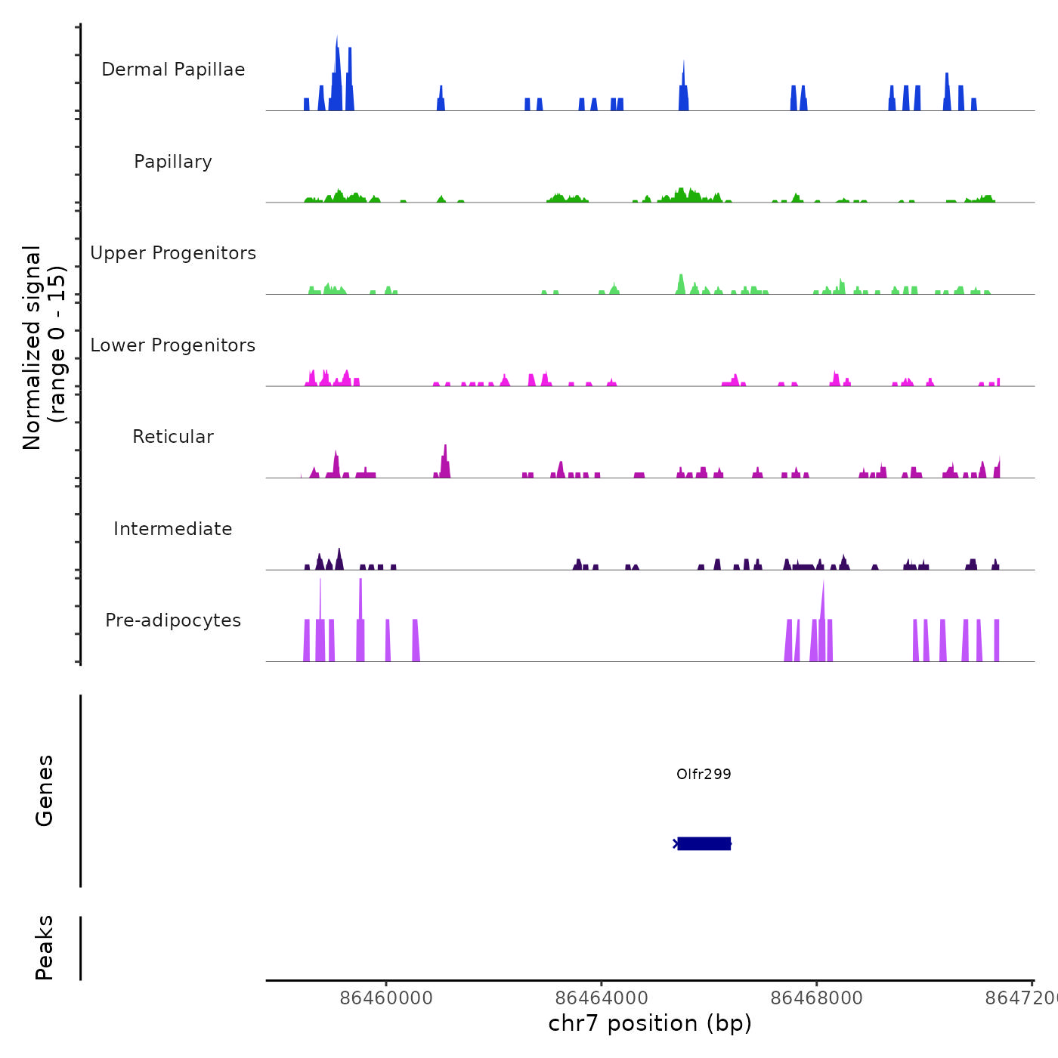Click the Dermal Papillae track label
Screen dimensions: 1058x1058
pyautogui.click(x=173, y=70)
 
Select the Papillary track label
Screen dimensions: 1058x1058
pyautogui.click(x=173, y=162)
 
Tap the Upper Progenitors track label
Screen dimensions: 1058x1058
pyautogui.click(x=173, y=253)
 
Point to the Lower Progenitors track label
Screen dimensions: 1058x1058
pyautogui.click(x=173, y=345)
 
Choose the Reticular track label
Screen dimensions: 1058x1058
pyautogui.click(x=173, y=437)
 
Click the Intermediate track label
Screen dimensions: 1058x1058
pyautogui.click(x=173, y=529)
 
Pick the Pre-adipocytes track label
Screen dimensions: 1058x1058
pyautogui.click(x=173, y=620)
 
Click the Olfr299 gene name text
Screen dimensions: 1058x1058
pyautogui.click(x=704, y=774)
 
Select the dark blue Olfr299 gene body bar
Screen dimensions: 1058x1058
pyautogui.click(x=704, y=843)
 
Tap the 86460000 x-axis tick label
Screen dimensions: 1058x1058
pyautogui.click(x=386, y=998)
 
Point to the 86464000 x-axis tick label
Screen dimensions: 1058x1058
pyautogui.click(x=602, y=998)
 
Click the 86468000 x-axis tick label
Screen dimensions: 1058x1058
pyautogui.click(x=816, y=998)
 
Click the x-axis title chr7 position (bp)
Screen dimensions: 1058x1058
pyautogui.click(x=650, y=1023)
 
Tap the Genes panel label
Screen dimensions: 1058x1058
pyautogui.click(x=45, y=790)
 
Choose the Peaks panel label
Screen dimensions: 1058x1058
pyautogui.click(x=45, y=948)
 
